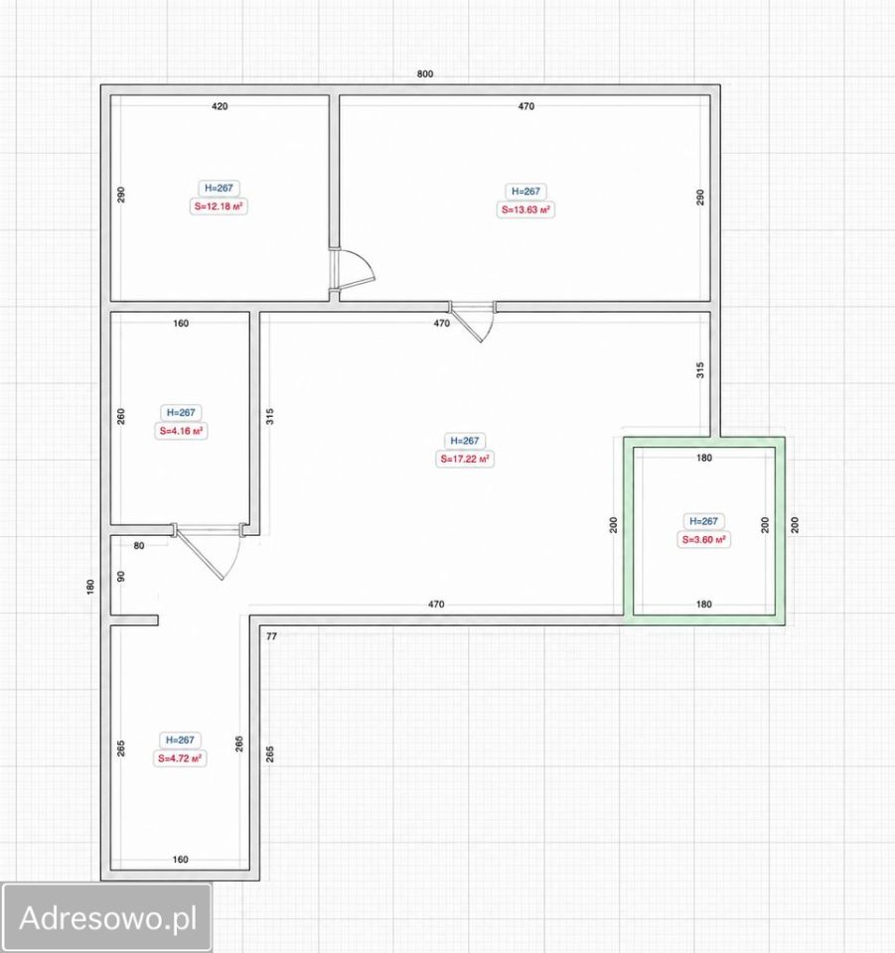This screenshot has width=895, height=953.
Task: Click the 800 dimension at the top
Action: [425, 73]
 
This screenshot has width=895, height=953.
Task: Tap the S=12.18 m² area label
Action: [219, 206]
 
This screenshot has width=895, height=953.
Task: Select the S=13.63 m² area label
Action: [525, 209]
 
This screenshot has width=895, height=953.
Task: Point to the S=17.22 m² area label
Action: [465, 459]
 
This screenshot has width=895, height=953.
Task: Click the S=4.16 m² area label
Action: [181, 431]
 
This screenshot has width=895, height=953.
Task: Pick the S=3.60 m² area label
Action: [703, 540]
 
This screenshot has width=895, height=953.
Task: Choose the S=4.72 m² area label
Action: [180, 758]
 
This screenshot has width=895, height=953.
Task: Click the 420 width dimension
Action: [220, 106]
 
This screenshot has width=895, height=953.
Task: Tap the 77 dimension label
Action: [272, 636]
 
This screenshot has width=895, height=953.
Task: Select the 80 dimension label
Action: [139, 546]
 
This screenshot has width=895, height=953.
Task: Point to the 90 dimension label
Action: [121, 576]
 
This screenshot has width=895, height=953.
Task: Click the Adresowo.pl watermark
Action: [107, 917]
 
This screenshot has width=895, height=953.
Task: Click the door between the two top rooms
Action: [353, 269]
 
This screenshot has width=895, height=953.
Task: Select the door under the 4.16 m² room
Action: [210, 550]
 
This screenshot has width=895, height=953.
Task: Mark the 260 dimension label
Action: [121, 416]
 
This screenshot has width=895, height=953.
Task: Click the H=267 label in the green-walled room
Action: [703, 521]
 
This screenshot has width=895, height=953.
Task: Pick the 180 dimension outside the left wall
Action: [90, 587]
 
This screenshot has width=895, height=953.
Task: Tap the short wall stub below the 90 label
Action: [134, 620]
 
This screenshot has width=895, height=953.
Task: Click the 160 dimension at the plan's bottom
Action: [181, 860]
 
